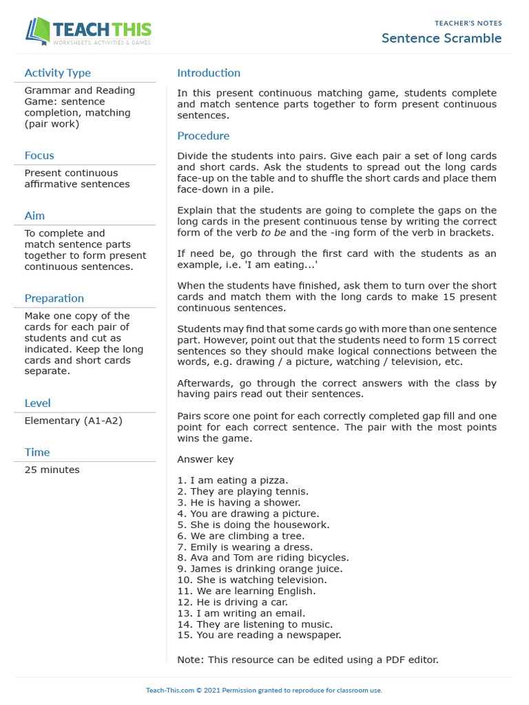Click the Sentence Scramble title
tap(442, 39)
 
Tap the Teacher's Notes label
tap(468, 23)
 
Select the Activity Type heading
tap(57, 73)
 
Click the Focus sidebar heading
tap(39, 156)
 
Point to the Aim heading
tap(34, 216)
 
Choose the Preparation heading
tap(54, 298)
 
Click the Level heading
tap(37, 403)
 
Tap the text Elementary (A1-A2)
tap(73, 420)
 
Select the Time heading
tap(37, 452)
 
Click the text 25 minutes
tap(52, 470)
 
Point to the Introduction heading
tap(209, 73)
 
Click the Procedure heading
tap(203, 136)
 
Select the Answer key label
tap(205, 459)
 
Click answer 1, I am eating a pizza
tap(233, 481)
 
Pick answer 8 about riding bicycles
tap(263, 558)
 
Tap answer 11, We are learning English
tap(247, 591)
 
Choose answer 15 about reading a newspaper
tap(259, 635)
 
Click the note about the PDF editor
tap(308, 660)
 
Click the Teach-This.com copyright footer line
tap(264, 691)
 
